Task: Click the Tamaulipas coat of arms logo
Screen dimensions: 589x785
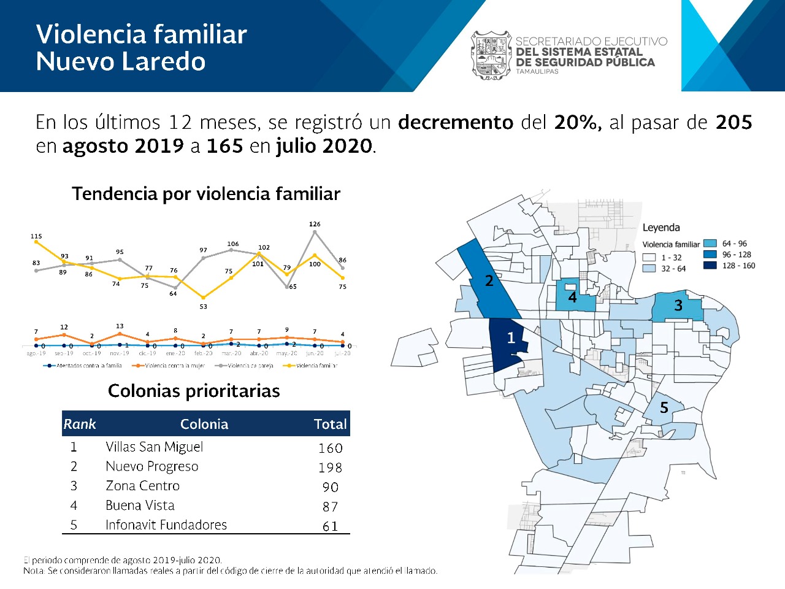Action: tap(491, 55)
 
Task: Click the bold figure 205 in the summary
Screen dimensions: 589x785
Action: tap(733, 123)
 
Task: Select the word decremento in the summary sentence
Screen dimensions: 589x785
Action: tap(455, 123)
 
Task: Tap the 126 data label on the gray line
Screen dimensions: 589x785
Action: tap(315, 225)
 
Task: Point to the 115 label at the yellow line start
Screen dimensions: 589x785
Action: tap(36, 236)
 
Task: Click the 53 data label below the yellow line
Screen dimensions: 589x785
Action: tap(203, 307)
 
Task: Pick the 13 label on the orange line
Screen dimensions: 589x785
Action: tap(120, 326)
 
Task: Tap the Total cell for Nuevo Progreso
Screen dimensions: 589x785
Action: tap(330, 468)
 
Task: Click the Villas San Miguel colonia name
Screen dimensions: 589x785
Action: tap(154, 447)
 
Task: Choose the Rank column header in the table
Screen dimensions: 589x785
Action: tap(80, 424)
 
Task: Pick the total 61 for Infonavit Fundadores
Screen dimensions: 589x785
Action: tap(330, 526)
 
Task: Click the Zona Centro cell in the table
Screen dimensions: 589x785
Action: tap(142, 486)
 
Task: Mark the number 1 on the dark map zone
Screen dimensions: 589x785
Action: tap(511, 338)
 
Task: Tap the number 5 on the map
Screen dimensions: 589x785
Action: tap(664, 408)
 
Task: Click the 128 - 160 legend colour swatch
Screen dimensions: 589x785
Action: tap(710, 266)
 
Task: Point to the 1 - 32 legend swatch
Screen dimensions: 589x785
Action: tap(649, 258)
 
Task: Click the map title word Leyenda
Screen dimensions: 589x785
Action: tap(661, 228)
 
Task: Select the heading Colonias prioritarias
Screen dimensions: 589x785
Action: tap(194, 391)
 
